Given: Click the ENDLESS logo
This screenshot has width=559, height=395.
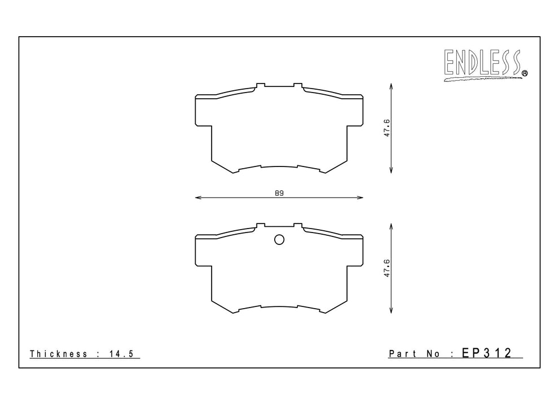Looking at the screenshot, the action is click(x=483, y=64).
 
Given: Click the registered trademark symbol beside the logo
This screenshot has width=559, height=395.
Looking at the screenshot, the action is click(x=525, y=73).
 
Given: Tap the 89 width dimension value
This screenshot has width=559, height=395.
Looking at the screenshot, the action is click(x=279, y=193).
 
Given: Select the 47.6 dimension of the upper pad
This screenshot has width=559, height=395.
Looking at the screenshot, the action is click(x=387, y=128).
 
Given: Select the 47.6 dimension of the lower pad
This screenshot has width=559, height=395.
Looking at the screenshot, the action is click(x=387, y=269).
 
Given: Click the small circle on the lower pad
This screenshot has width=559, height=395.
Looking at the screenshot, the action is click(x=279, y=240).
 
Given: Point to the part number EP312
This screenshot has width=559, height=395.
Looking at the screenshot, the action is click(x=487, y=353).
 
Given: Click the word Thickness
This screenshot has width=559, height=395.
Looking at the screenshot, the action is click(x=59, y=354).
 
